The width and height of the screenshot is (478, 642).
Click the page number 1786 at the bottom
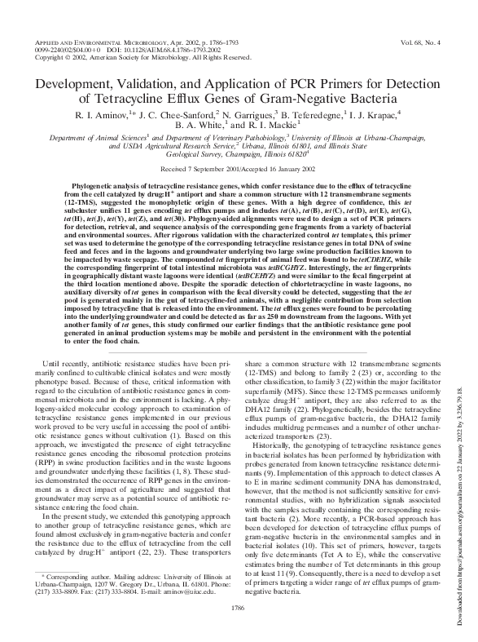[x=239, y=607]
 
